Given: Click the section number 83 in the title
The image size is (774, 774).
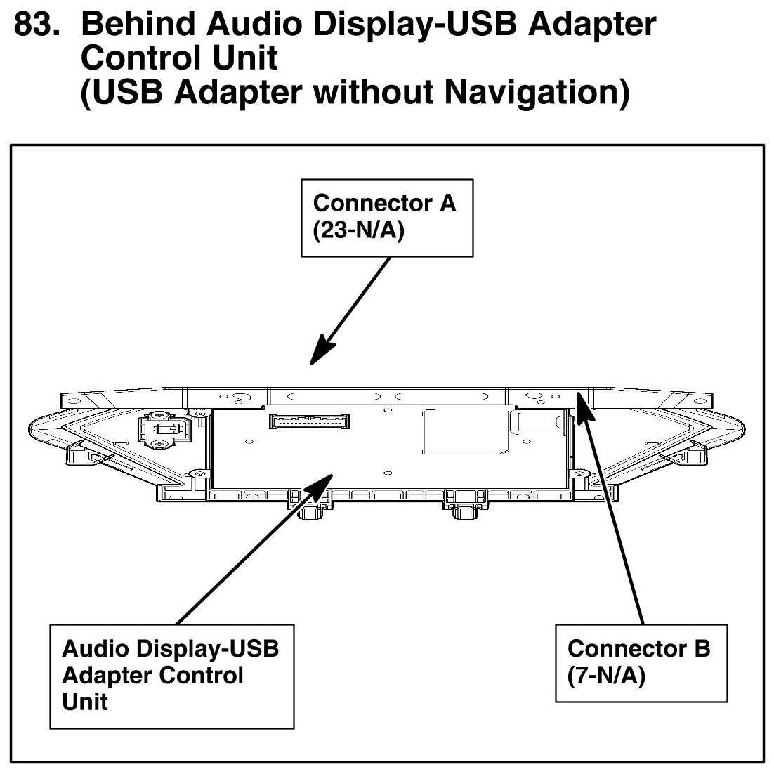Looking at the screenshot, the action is click(37, 24).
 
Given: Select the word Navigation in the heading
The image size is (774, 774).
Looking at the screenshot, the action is click(537, 92).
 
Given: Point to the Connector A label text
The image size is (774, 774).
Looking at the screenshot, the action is click(384, 203).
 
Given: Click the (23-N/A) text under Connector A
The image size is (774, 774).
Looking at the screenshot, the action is click(358, 230).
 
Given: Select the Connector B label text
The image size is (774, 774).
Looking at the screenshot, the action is click(638, 648).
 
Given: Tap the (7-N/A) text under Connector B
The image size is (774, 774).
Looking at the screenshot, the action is click(606, 676).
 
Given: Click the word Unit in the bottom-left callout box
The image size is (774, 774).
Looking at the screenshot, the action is click(85, 702).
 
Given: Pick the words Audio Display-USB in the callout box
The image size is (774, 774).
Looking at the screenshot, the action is click(170, 648).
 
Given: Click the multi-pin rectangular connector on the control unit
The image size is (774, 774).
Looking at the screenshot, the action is click(309, 421).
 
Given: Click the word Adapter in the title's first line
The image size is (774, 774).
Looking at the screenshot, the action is click(592, 24).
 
